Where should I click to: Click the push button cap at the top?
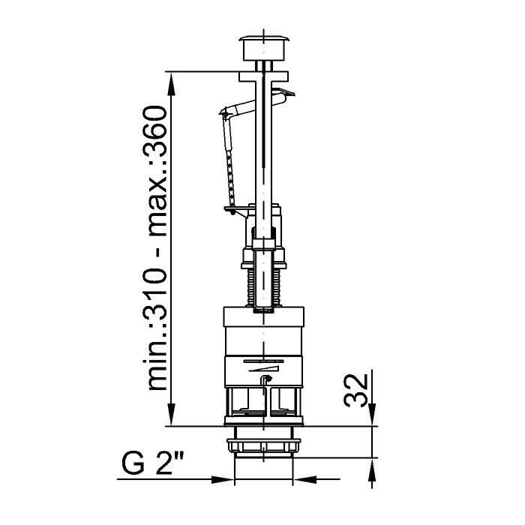point(264,48)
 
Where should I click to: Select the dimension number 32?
point(356,391)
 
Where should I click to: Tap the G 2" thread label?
point(153,463)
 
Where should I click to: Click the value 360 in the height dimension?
point(154,132)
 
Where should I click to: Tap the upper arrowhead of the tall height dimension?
point(171,85)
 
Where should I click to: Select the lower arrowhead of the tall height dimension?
point(171,414)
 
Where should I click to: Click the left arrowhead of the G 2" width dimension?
point(223,479)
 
